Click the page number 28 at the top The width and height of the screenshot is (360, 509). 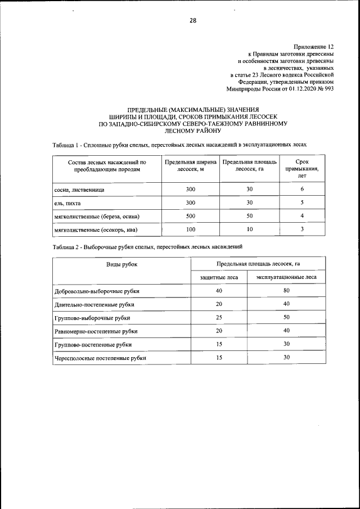point(192,21)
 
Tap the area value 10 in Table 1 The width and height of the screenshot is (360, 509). point(249,229)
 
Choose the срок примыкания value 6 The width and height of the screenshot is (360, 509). point(302,190)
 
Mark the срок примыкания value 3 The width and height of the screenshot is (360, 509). point(302,229)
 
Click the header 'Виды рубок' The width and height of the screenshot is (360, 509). point(122,263)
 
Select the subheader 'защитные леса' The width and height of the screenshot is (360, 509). point(219,277)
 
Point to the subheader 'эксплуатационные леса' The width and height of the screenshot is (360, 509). point(286,277)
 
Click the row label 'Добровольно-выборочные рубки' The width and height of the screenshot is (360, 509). point(97,291)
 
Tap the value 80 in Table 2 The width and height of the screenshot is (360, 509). point(286,291)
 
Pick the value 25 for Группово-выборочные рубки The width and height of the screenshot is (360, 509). point(219,318)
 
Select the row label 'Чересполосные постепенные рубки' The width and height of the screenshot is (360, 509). point(100,358)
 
